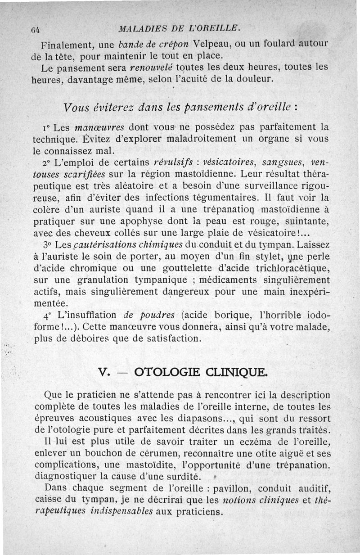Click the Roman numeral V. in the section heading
point(104,372)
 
